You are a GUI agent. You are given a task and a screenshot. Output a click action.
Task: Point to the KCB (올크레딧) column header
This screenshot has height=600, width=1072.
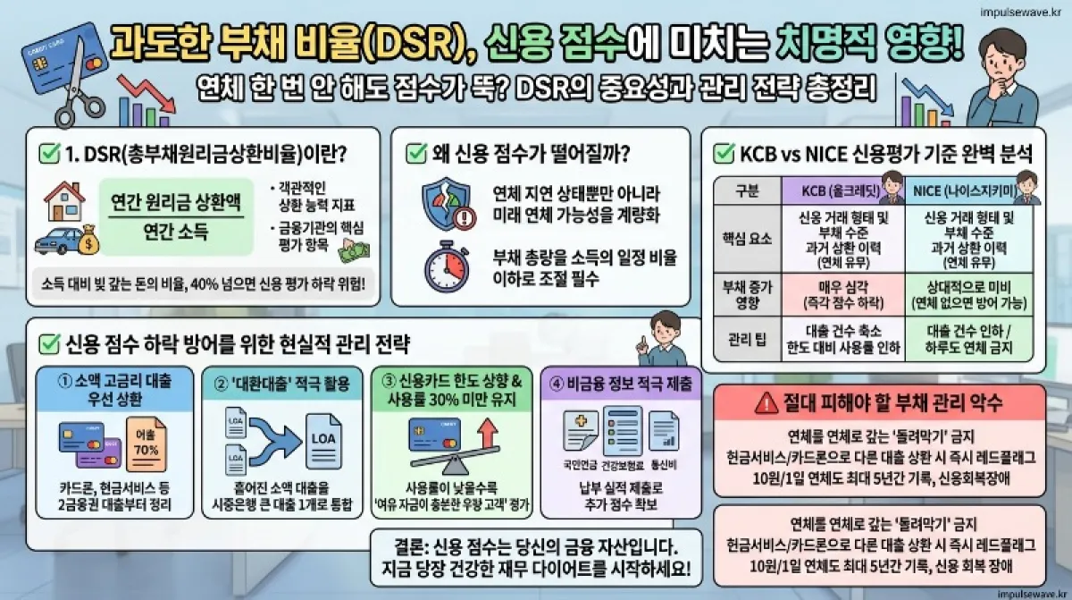coord(830,190)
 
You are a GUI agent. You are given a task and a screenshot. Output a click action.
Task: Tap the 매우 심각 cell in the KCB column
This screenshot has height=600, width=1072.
coord(830,292)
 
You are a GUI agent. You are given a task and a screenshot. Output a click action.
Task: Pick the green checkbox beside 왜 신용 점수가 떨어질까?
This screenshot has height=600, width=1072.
coord(416,153)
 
